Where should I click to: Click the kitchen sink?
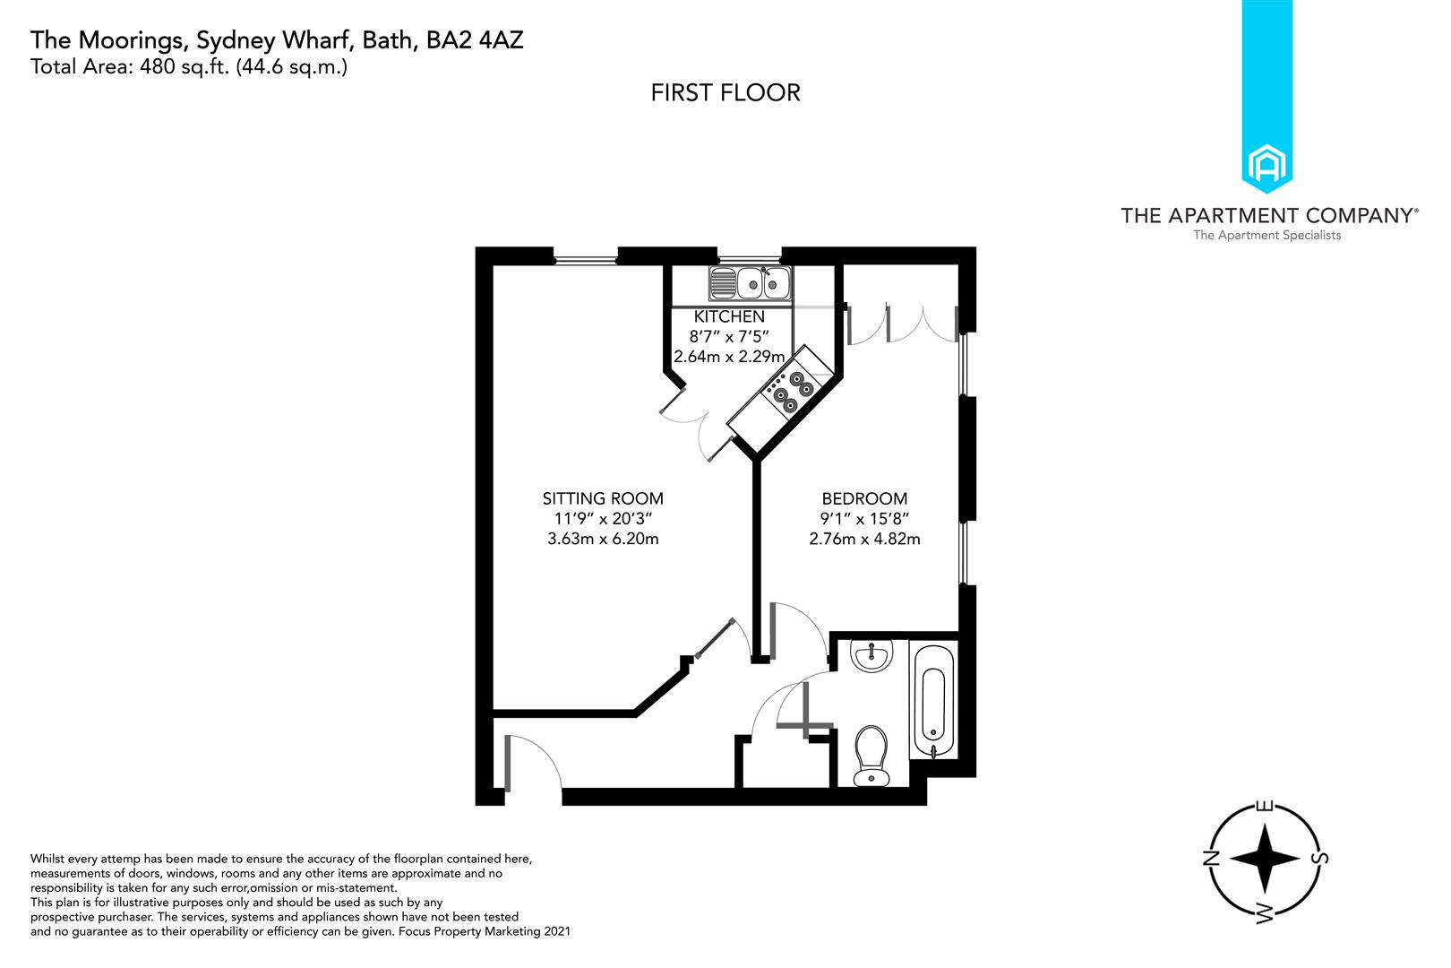click(750, 283)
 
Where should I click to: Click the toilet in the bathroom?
click(871, 756)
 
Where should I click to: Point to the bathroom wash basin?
click(871, 654)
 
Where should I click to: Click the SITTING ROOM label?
click(603, 498)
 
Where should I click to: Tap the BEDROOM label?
click(864, 498)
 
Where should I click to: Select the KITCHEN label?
click(729, 316)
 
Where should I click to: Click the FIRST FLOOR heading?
click(725, 92)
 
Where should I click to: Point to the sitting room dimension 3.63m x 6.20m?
click(603, 539)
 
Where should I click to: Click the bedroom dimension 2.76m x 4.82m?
click(864, 539)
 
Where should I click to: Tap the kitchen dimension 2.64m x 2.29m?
click(729, 357)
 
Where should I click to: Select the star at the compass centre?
click(1264, 858)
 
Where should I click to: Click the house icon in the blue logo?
click(1267, 165)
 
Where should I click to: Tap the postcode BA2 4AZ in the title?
click(474, 40)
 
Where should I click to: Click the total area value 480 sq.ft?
click(184, 67)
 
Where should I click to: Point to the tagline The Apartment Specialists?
click(1267, 236)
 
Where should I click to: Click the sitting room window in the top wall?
click(586, 261)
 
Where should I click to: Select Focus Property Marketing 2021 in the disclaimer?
click(485, 931)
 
